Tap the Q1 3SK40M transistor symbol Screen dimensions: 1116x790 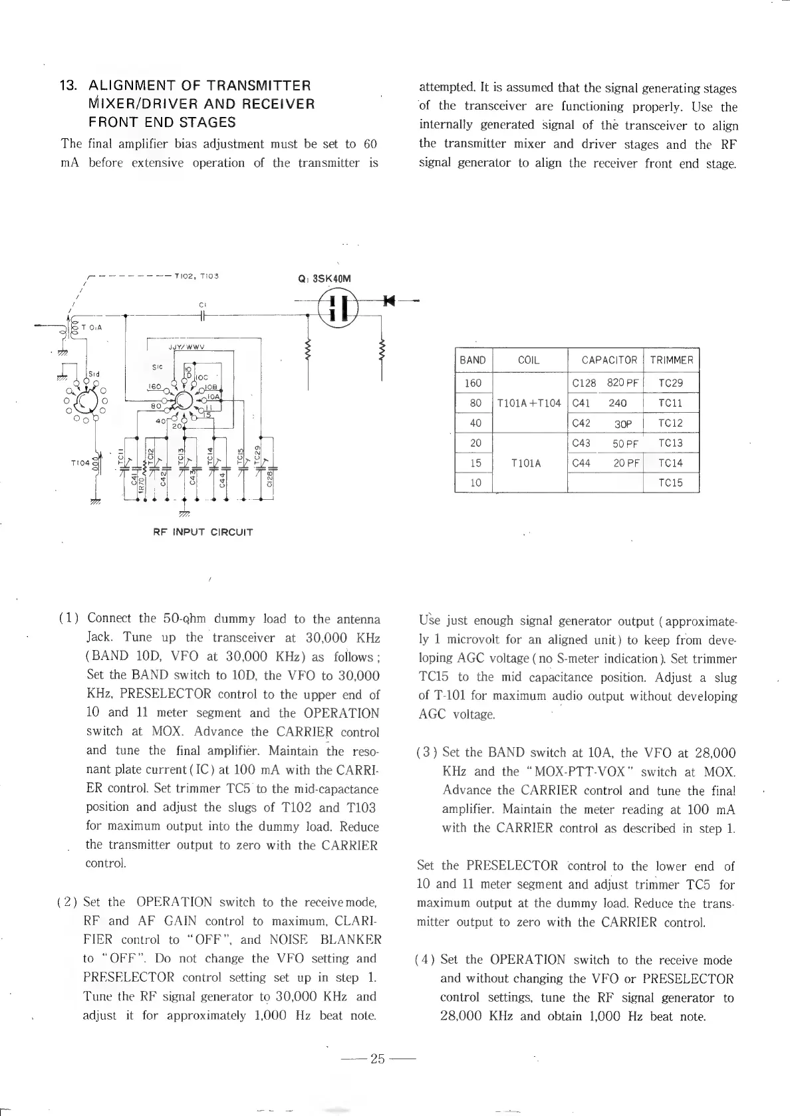(338, 308)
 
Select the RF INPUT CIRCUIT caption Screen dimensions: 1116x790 (203, 532)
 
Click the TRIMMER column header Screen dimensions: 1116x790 (672, 360)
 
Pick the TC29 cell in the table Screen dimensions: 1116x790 (670, 383)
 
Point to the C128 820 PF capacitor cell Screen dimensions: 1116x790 (605, 383)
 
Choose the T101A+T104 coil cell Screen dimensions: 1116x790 (529, 403)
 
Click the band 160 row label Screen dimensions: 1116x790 (473, 383)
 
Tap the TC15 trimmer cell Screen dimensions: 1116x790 (670, 483)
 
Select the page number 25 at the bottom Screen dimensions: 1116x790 (378, 1059)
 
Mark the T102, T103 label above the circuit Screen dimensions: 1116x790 (197, 275)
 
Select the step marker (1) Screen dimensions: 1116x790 (69, 619)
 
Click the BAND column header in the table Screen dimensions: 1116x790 (473, 360)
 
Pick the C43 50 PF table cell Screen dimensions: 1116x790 (605, 443)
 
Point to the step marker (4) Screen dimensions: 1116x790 (424, 960)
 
